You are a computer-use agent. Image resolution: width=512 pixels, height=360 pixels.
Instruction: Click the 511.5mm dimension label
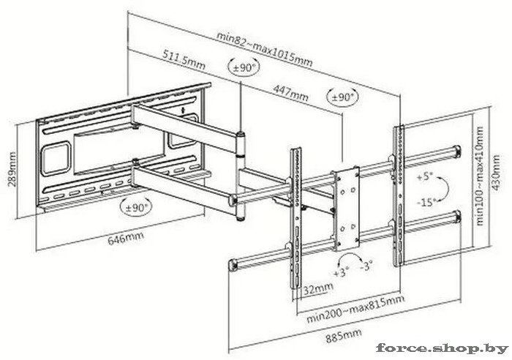pos(184,60)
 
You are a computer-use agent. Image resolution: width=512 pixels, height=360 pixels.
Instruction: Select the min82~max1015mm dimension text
pos(265,49)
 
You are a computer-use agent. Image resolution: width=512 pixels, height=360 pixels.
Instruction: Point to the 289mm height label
pos(12,168)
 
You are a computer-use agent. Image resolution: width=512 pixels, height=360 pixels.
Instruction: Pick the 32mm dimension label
pos(318,288)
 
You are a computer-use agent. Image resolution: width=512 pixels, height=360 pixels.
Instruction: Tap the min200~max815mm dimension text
pos(355,308)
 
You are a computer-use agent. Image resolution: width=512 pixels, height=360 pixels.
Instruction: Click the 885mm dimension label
pos(344,336)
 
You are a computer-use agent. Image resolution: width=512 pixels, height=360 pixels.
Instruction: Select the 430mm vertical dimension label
pos(496,173)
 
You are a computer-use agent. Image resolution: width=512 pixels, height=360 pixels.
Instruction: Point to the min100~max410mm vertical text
pos(480,176)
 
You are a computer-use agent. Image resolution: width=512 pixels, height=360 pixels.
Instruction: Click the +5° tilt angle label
pos(424,177)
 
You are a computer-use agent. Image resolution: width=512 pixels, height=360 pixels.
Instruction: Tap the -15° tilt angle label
pos(426,203)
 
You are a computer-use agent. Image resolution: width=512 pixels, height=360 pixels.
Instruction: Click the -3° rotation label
pos(366,266)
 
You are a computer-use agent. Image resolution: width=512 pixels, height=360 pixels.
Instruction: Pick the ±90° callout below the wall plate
pos(136,206)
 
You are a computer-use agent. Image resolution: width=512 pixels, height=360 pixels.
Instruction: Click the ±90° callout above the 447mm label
pos(342,97)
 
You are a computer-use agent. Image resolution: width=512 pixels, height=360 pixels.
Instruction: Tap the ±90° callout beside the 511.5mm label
pos(244,67)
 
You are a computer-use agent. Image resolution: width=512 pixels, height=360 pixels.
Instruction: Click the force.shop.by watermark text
pos(442,348)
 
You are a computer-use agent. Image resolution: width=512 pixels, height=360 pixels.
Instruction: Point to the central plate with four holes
pos(347,209)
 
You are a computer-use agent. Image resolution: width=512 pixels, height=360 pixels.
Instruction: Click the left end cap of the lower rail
pos(233,265)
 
